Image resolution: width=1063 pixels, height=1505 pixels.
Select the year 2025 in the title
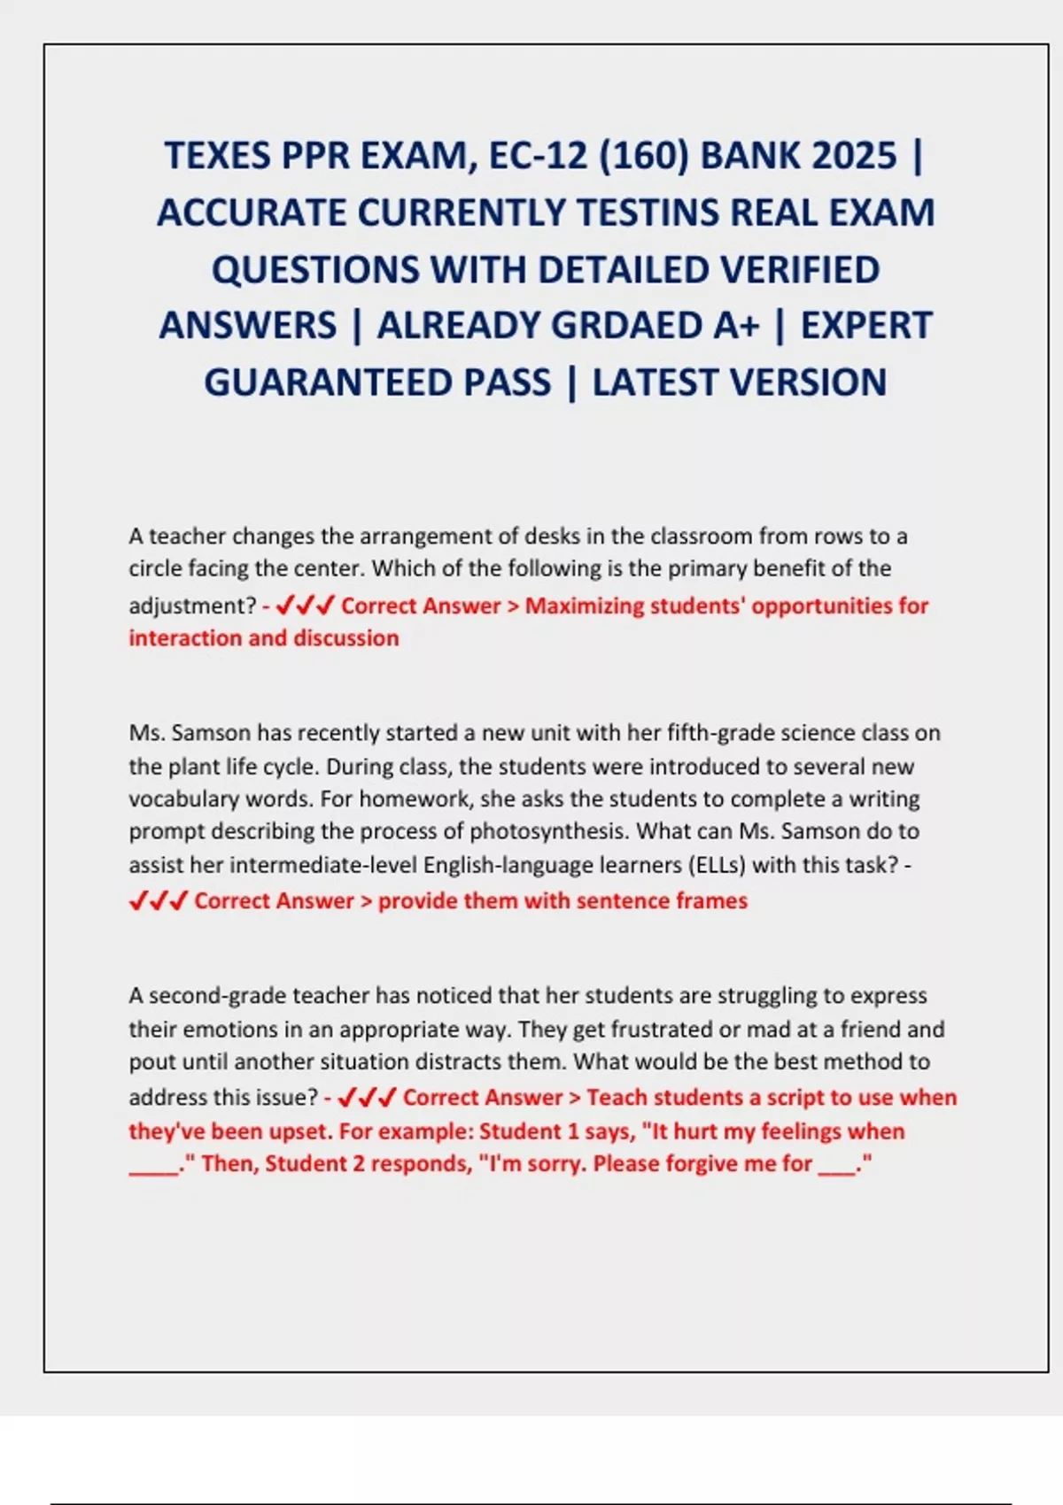click(853, 156)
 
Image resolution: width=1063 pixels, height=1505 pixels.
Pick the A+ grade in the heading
click(736, 326)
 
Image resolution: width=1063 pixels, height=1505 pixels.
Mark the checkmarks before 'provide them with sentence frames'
click(159, 901)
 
